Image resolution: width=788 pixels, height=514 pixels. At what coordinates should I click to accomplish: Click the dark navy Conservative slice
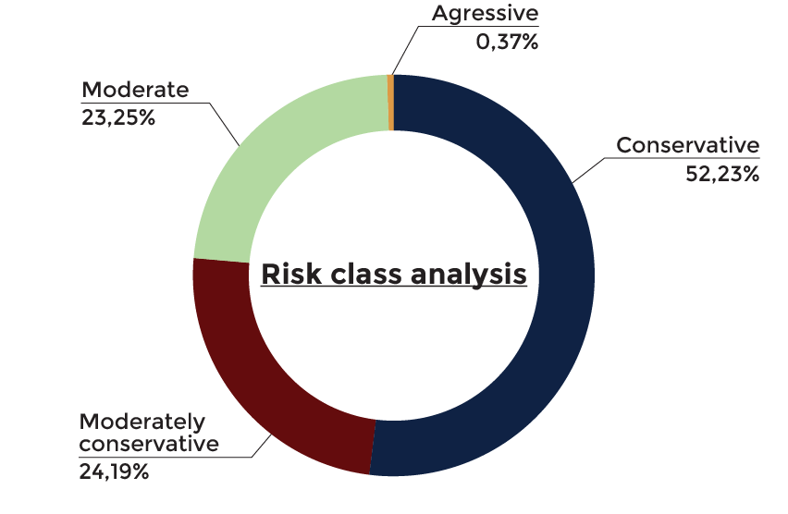click(x=565, y=275)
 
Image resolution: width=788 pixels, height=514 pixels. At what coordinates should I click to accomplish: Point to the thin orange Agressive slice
click(x=390, y=103)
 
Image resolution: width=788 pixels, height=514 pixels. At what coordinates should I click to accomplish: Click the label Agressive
click(x=485, y=14)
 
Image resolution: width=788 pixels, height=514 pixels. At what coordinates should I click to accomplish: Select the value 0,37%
click(x=507, y=42)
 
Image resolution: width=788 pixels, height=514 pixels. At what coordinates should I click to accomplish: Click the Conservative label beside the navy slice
click(x=687, y=145)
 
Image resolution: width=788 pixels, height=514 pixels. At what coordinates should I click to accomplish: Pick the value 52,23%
click(x=722, y=174)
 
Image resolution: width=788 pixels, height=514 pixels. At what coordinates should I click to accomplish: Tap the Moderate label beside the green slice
click(x=135, y=90)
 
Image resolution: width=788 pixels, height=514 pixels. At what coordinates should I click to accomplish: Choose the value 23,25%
click(x=118, y=118)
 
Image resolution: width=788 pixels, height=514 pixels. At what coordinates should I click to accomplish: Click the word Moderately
click(x=142, y=422)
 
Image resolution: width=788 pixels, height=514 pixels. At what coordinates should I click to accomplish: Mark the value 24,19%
click(x=114, y=471)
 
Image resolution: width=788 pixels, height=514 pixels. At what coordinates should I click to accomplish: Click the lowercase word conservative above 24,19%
click(x=149, y=444)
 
